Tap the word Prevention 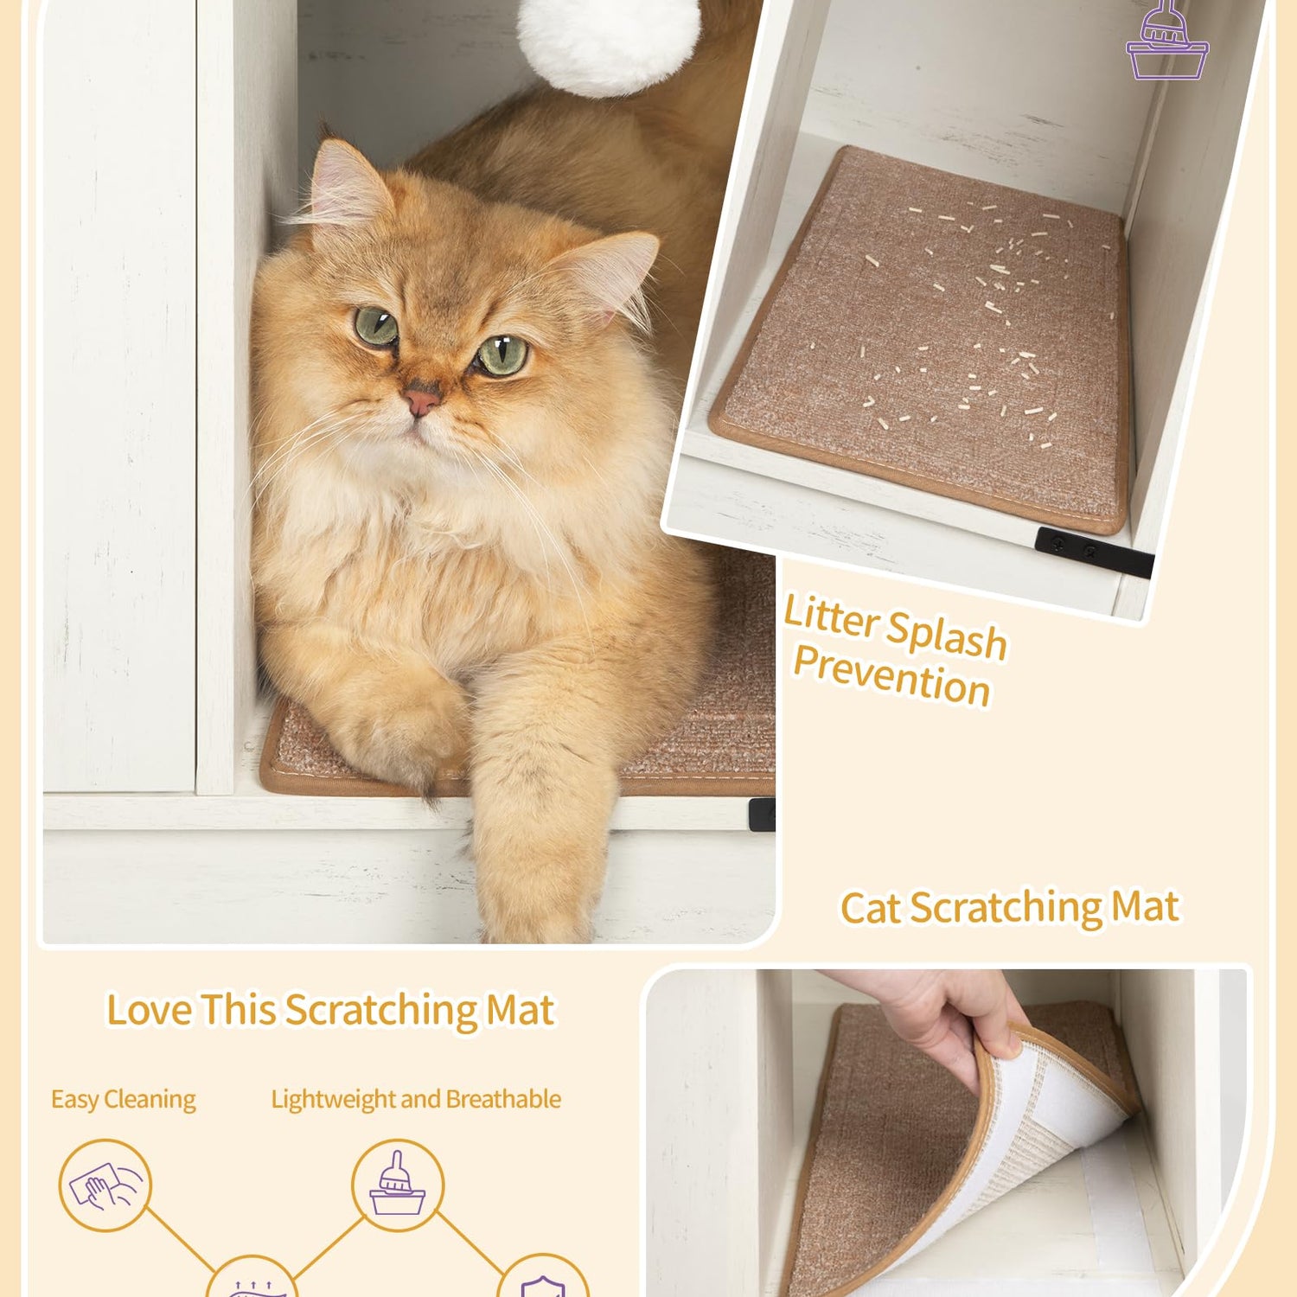point(891,675)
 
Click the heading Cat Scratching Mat point(1010,908)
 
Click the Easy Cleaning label point(124,1100)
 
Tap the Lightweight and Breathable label point(416,1099)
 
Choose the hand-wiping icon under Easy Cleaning point(105,1185)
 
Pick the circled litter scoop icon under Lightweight point(398,1185)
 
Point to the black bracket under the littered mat point(1094,552)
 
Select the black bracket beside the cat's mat point(762,815)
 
